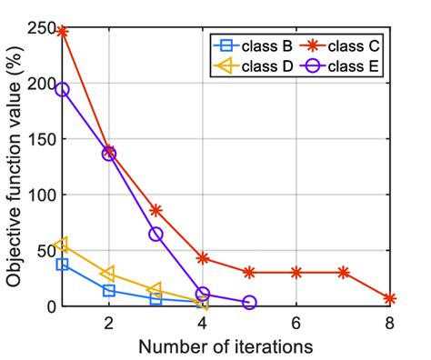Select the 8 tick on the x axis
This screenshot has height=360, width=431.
tap(390, 324)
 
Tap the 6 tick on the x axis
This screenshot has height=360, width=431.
tap(296, 324)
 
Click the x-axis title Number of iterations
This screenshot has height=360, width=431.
tap(226, 346)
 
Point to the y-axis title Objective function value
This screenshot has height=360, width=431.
tap(15, 166)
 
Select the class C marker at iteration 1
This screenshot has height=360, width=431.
tap(62, 31)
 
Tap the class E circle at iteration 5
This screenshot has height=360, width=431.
tap(249, 303)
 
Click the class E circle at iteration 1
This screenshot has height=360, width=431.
tap(62, 89)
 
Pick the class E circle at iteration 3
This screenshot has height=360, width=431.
tap(155, 235)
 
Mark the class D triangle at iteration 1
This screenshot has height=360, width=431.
tap(62, 245)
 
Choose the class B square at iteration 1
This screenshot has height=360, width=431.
tap(62, 265)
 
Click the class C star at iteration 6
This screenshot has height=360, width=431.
tap(296, 273)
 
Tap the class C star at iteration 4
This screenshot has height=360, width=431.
tap(203, 258)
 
